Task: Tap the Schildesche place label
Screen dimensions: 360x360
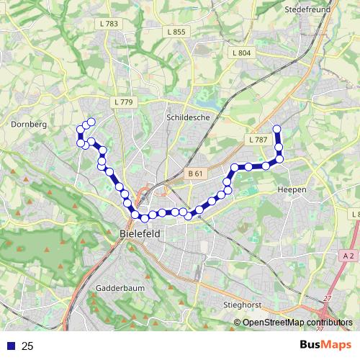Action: pos(186,116)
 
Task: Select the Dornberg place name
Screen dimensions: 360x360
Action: pos(29,124)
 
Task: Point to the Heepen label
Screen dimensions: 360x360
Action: pos(292,189)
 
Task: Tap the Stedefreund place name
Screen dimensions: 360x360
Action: pos(306,10)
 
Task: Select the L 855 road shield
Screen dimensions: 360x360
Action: pos(175,32)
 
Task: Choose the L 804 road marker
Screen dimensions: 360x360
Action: pos(242,53)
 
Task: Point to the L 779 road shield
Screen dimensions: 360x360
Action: pos(124,102)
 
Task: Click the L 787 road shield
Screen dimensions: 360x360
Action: pos(256,139)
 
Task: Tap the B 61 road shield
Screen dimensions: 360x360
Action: pos(195,174)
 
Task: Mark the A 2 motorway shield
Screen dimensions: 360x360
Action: pos(348,256)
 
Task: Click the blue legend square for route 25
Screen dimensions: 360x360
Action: pos(10,346)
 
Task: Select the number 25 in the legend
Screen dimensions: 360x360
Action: pos(27,346)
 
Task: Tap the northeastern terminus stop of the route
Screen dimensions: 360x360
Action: pos(276,130)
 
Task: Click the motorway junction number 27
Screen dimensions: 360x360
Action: pos(328,297)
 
